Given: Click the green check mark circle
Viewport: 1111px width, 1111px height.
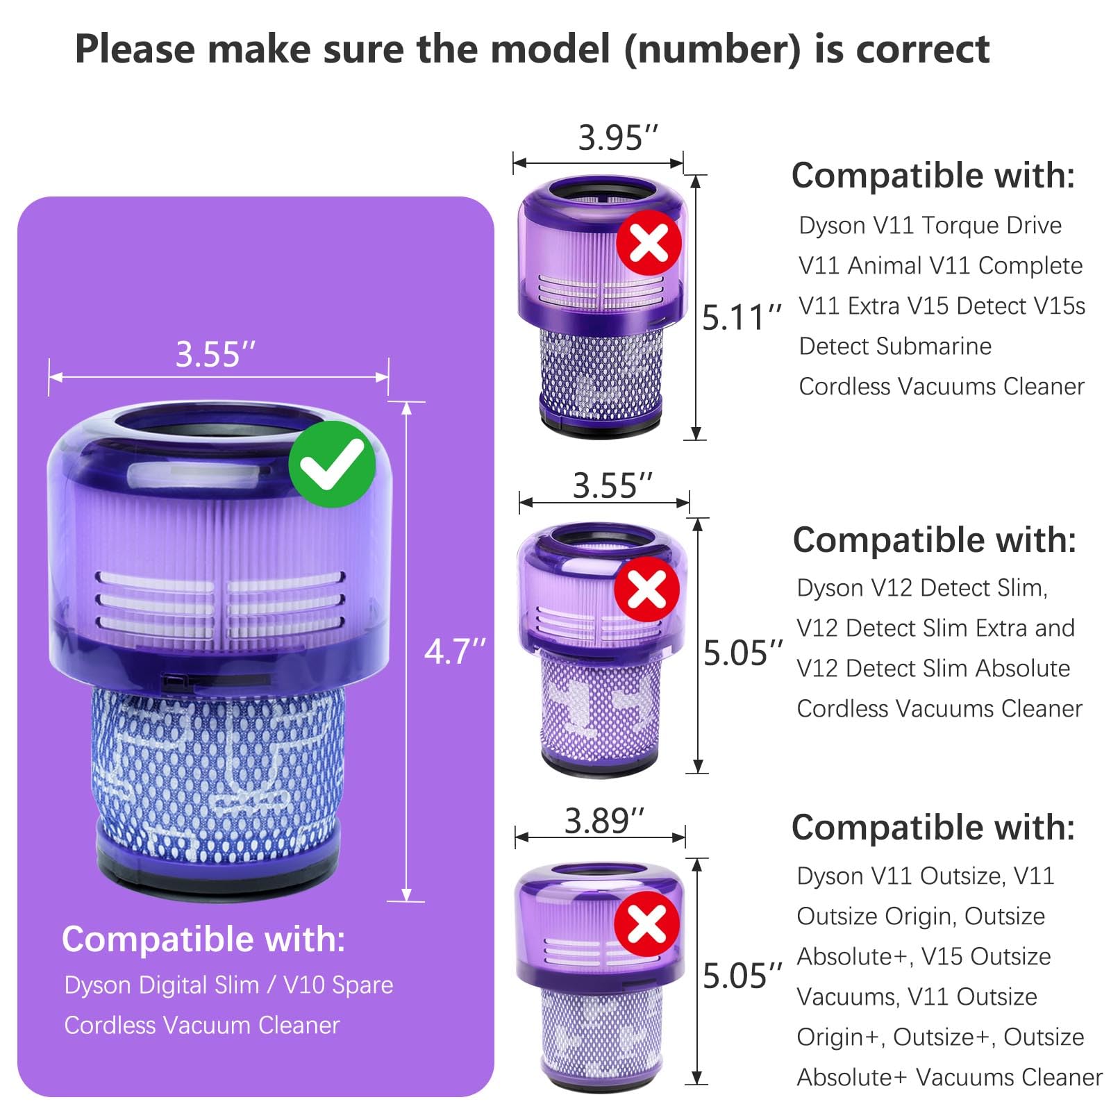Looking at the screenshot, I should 332,464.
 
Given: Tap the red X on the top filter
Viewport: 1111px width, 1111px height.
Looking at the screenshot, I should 649,242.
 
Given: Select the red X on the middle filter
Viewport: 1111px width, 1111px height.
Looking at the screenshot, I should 647,589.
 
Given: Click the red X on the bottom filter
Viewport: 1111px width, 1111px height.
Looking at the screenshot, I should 646,923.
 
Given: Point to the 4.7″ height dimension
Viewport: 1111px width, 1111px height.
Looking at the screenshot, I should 455,651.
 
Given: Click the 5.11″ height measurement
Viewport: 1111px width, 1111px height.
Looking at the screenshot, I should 742,317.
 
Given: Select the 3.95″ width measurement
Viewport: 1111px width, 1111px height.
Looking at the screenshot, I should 618,137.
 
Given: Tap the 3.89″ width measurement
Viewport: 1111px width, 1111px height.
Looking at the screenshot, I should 604,821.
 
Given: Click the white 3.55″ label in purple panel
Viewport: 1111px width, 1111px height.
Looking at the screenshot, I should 215,354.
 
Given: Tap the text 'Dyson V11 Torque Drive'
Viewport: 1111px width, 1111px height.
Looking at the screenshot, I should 930,225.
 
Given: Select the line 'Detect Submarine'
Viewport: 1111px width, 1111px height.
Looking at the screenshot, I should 894,346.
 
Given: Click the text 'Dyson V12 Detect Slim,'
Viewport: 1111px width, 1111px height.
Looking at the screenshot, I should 921,587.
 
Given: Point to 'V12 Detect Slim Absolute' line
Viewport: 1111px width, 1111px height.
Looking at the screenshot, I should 933,668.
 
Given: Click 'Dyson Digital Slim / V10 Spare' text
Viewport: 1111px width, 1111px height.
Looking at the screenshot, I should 228,985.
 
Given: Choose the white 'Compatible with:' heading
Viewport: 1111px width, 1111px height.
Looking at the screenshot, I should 203,939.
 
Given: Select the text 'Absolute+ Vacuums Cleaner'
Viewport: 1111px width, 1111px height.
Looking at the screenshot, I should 949,1077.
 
